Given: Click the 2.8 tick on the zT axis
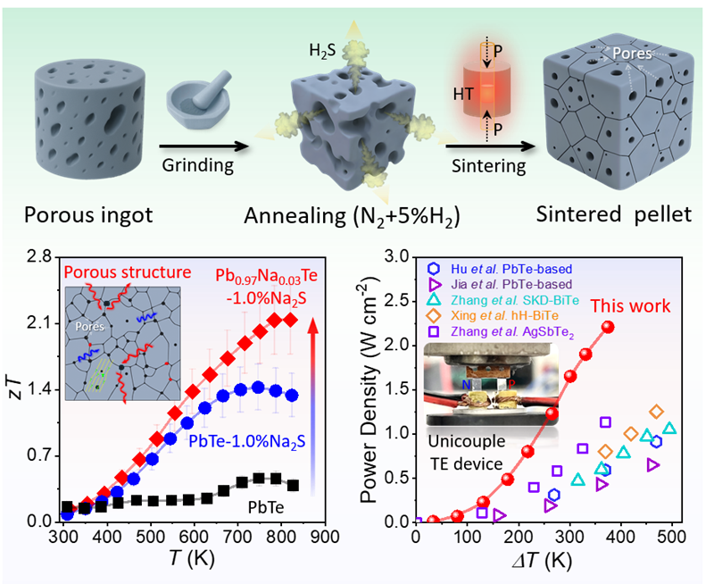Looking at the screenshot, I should click(x=37, y=258).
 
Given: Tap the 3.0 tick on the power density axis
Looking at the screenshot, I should click(x=395, y=258).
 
